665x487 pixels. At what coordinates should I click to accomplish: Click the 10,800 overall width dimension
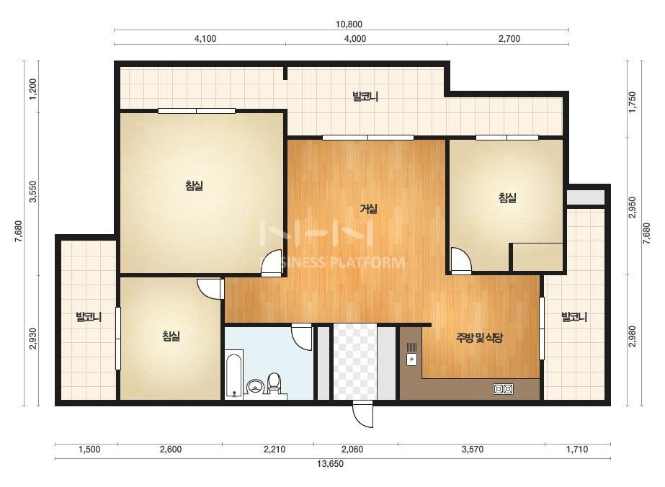tap(349, 24)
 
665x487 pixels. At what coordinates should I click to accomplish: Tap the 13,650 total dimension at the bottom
tap(331, 464)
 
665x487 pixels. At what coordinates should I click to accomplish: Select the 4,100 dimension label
tap(205, 39)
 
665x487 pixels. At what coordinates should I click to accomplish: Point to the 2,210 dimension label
tap(275, 450)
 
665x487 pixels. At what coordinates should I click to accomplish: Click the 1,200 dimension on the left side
tap(33, 88)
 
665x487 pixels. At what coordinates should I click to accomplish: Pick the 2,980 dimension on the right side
tap(633, 336)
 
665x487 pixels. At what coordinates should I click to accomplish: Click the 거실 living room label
tap(369, 208)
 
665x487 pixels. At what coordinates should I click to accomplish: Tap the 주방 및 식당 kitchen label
tap(479, 338)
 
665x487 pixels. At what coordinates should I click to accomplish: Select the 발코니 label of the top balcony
tap(365, 97)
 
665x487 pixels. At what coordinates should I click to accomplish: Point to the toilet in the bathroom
tap(275, 383)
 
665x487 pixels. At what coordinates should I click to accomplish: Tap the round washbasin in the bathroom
tap(255, 386)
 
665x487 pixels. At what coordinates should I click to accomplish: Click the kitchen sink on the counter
tap(412, 354)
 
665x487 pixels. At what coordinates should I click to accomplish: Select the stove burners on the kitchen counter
tap(504, 388)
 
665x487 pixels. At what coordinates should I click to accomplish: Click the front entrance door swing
tap(363, 414)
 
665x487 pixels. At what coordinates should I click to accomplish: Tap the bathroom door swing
tap(302, 337)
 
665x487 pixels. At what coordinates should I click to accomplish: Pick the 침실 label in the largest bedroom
tap(195, 185)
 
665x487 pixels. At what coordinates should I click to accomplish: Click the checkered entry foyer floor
tap(354, 362)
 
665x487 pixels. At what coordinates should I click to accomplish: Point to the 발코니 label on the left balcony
tap(89, 317)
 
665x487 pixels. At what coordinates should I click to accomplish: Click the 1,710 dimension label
tap(577, 450)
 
